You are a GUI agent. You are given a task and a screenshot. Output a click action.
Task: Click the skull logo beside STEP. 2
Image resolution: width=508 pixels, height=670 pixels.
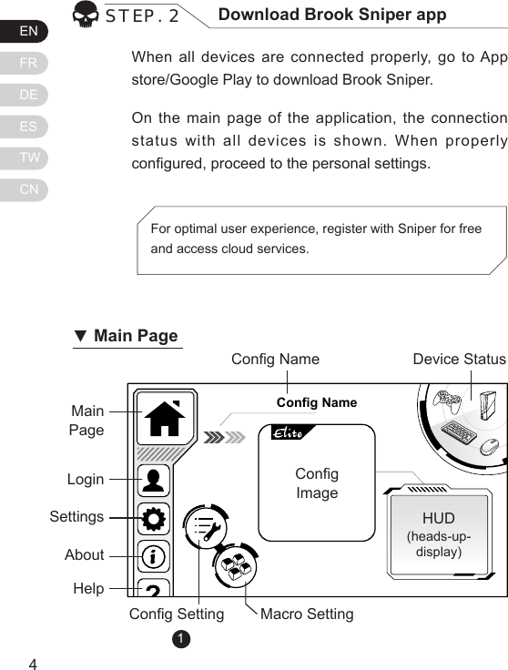tap(86, 15)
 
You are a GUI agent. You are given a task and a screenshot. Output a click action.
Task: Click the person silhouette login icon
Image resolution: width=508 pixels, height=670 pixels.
tap(154, 481)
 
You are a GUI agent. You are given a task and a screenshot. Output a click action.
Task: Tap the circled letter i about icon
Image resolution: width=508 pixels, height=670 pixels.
tap(154, 555)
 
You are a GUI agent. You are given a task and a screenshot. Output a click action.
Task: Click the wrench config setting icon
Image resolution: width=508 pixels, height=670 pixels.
tap(207, 530)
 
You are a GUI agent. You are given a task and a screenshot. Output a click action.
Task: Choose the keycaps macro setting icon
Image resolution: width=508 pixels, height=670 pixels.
tap(237, 568)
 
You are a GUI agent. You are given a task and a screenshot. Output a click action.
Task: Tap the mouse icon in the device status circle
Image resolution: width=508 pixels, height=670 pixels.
tap(489, 446)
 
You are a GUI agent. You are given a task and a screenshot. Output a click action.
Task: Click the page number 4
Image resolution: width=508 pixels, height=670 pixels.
tap(33, 663)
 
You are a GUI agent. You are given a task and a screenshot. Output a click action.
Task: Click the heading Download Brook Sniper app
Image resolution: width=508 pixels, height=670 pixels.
tap(332, 15)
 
